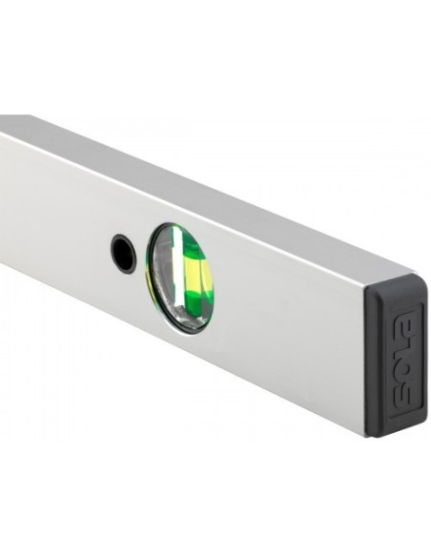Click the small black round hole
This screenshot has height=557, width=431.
tap(123, 254)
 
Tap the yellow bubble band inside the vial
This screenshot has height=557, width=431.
tap(200, 278)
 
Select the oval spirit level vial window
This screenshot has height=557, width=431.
tap(180, 277)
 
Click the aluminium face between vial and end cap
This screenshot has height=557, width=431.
tap(286, 324)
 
